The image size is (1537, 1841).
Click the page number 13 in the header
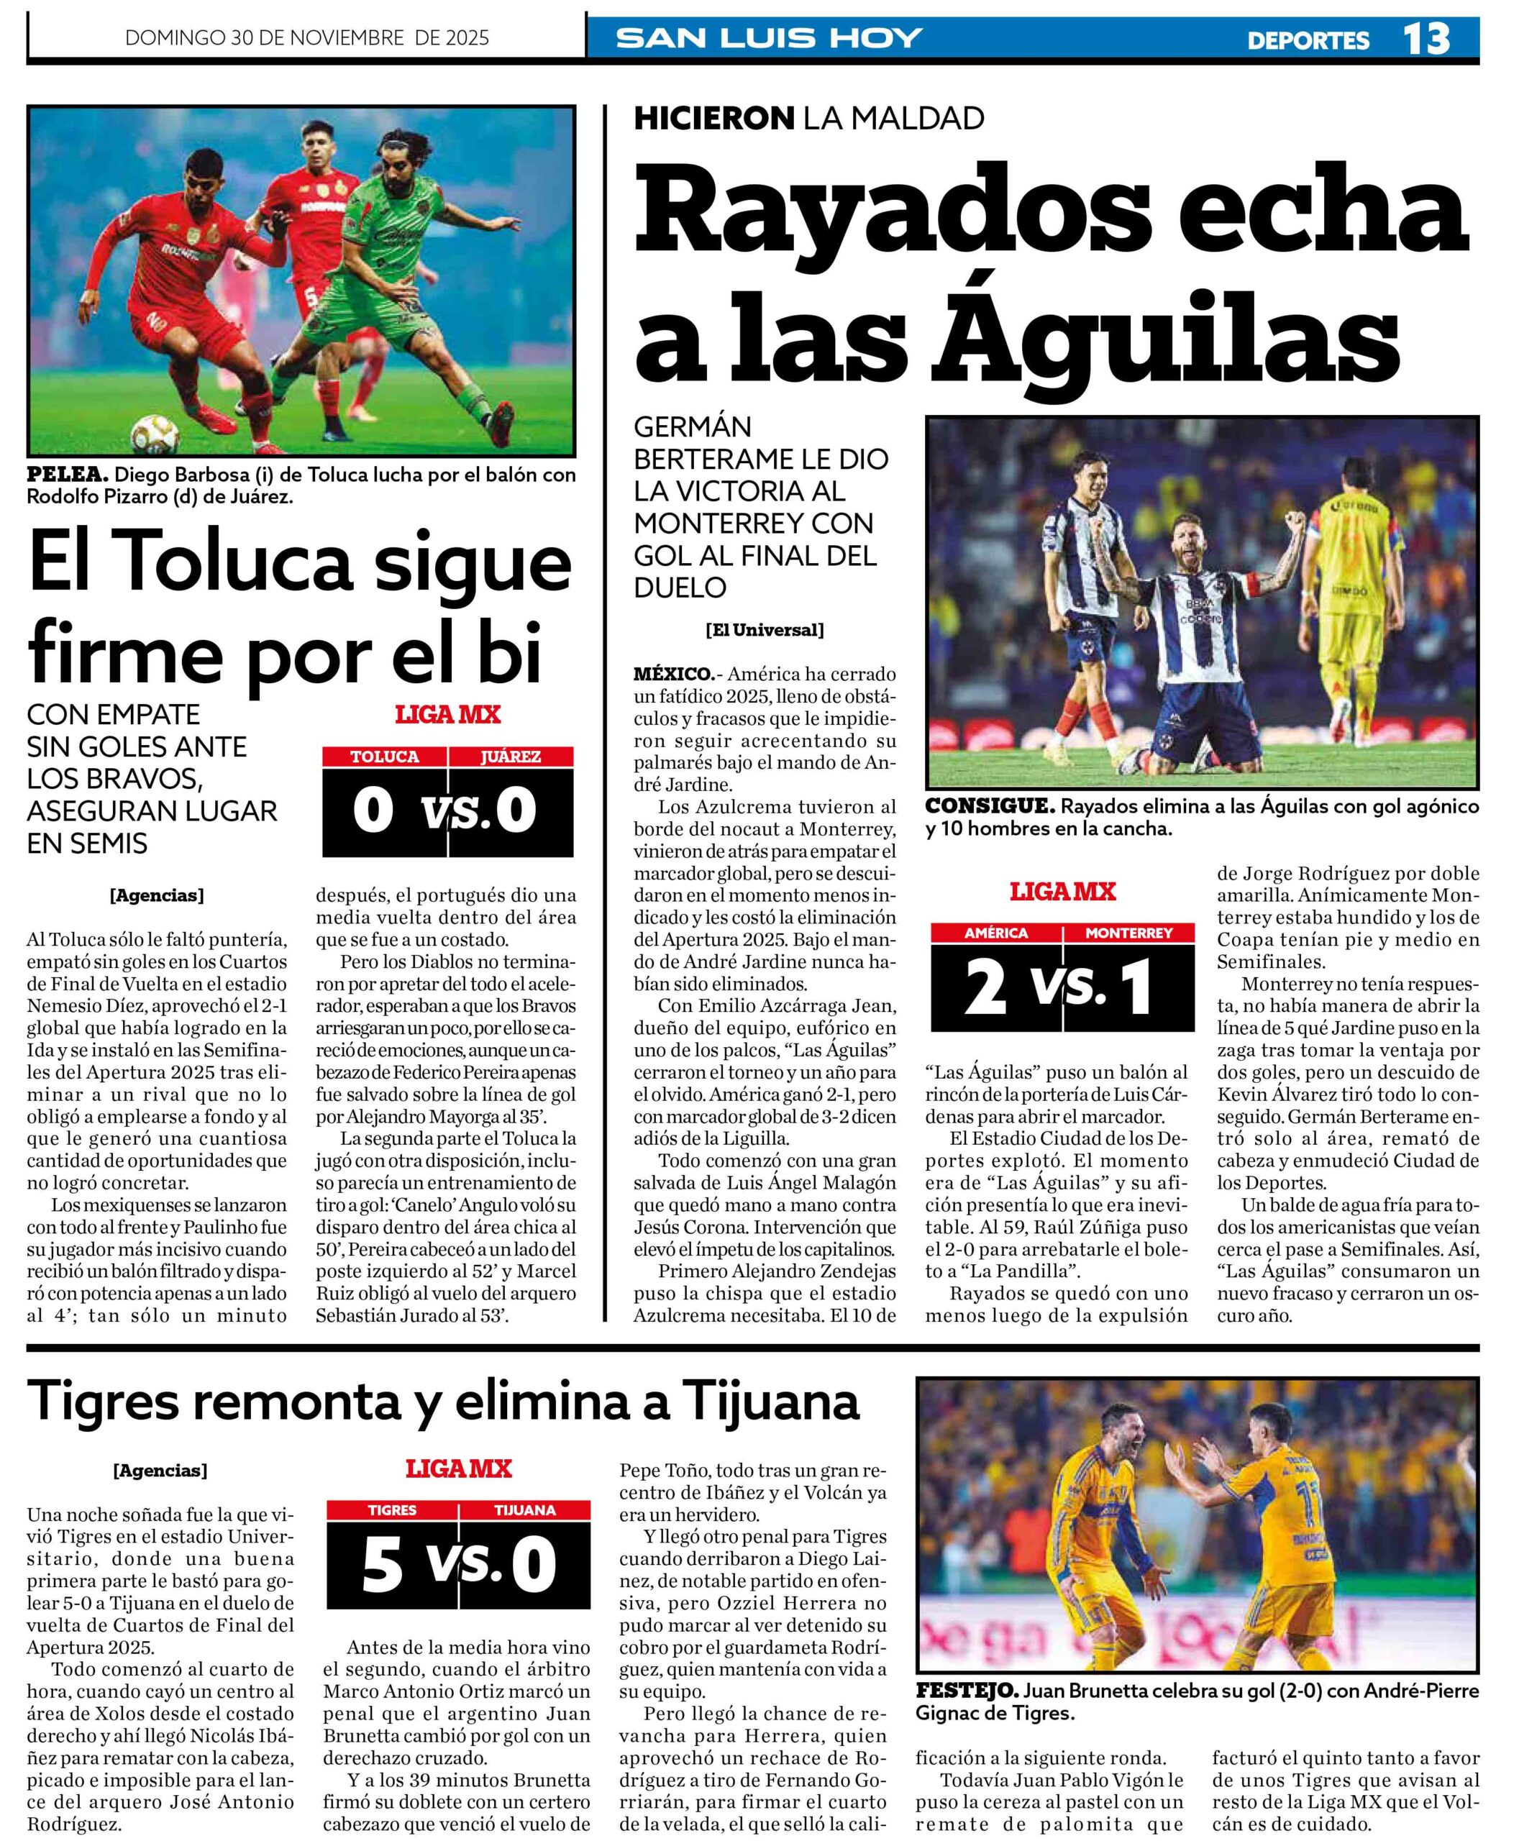pyautogui.click(x=1426, y=39)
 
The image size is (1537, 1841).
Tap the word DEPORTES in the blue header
pyautogui.click(x=1308, y=40)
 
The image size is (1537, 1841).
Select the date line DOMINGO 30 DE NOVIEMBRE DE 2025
pyautogui.click(x=307, y=37)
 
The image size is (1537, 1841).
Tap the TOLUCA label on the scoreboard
pyautogui.click(x=384, y=757)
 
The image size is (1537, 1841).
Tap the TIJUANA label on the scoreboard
pyautogui.click(x=524, y=1509)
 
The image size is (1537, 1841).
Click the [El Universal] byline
pyautogui.click(x=764, y=629)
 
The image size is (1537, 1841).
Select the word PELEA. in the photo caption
pyautogui.click(x=68, y=475)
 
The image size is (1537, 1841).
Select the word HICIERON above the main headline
pyautogui.click(x=713, y=117)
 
